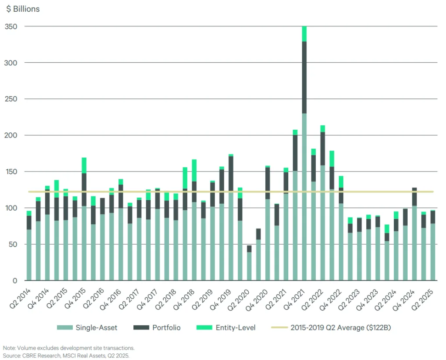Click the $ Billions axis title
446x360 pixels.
[x=23, y=9]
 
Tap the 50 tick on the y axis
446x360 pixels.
[x=14, y=244]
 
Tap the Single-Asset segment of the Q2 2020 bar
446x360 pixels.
[x=249, y=266]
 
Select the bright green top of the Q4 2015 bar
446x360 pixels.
[x=84, y=165]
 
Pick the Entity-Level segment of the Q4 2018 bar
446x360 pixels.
[x=194, y=171]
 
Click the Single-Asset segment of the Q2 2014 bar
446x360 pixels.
[x=29, y=255]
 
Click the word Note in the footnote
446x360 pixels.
[x=9, y=348]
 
